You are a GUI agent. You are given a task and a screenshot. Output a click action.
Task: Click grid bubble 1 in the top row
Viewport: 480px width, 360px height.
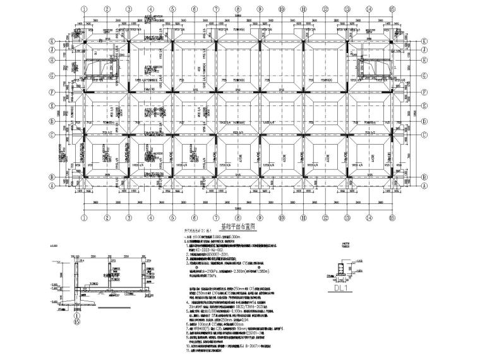pos(83,9)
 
